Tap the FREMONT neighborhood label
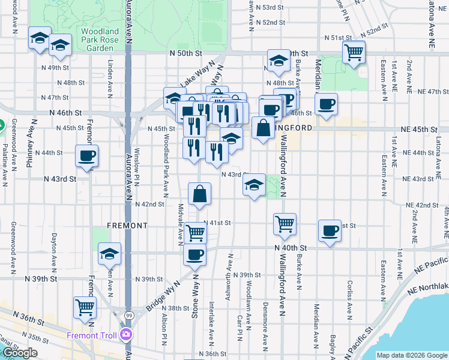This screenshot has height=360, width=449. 127,226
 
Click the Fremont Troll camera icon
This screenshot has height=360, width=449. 126,334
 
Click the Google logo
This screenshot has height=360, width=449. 20,353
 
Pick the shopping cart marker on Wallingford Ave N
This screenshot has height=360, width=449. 285,224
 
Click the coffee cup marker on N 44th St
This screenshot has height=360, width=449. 86,157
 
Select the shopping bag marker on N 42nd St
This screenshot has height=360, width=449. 200,194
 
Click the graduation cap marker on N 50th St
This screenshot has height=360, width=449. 278,61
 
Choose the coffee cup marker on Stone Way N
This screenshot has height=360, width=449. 194,254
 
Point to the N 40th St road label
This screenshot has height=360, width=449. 291,248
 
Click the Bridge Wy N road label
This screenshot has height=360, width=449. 162,296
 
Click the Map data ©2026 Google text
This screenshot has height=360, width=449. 411,355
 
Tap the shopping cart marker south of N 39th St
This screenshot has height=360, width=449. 85,308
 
